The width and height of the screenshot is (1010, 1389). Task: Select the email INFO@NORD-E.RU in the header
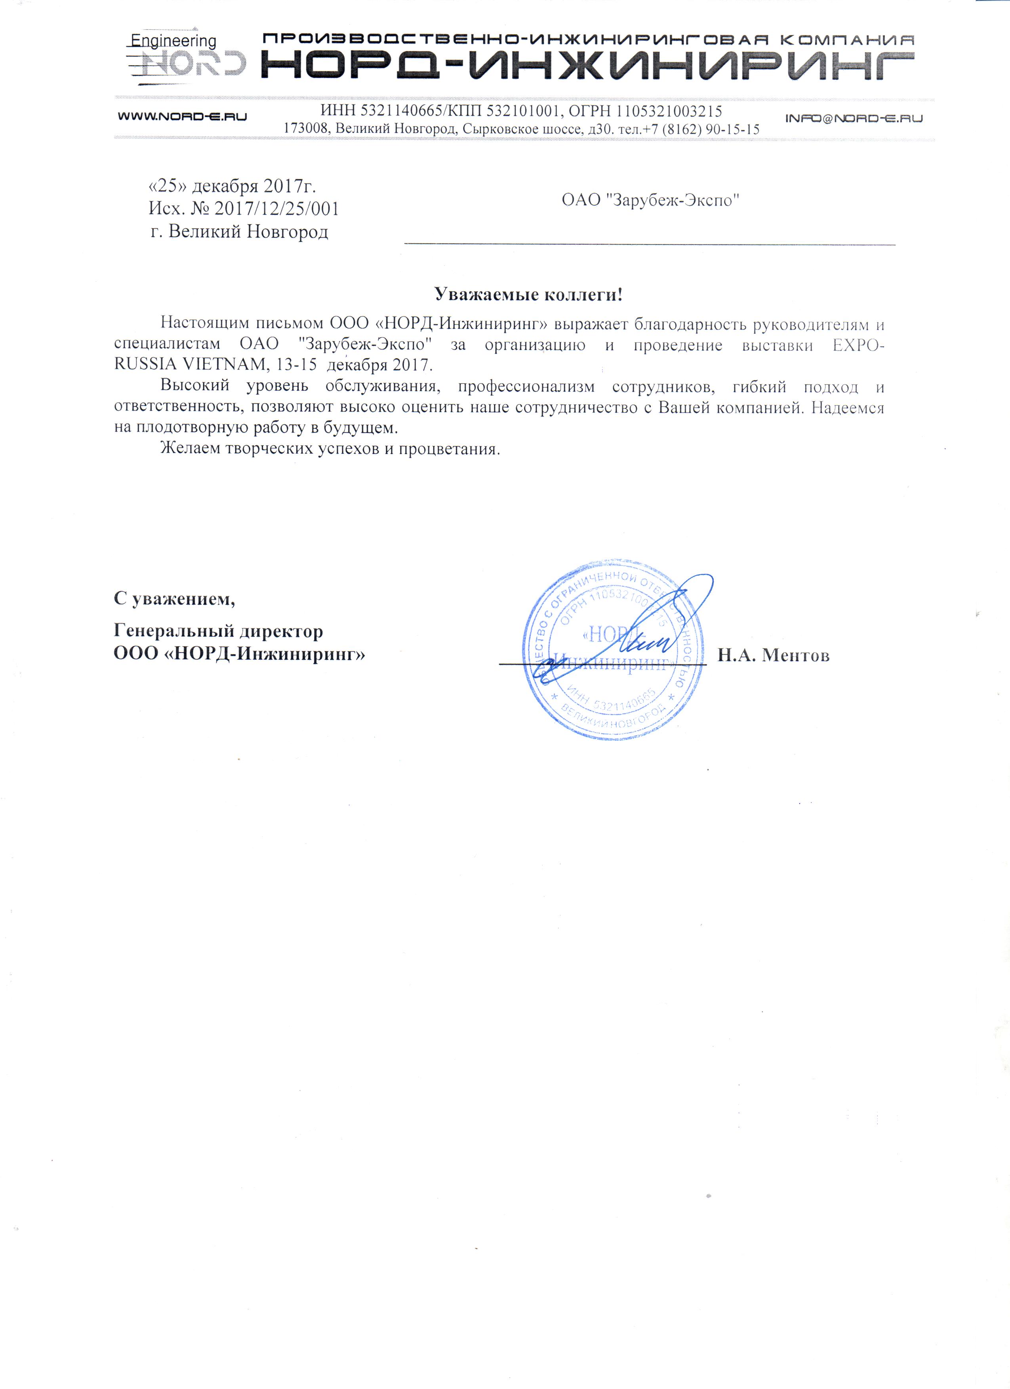point(854,118)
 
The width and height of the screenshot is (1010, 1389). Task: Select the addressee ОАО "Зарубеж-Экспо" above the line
point(650,200)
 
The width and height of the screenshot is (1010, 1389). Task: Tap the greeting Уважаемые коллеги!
point(528,294)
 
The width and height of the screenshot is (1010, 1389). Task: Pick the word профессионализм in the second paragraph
point(526,387)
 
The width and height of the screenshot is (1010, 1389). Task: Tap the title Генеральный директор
point(218,631)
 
